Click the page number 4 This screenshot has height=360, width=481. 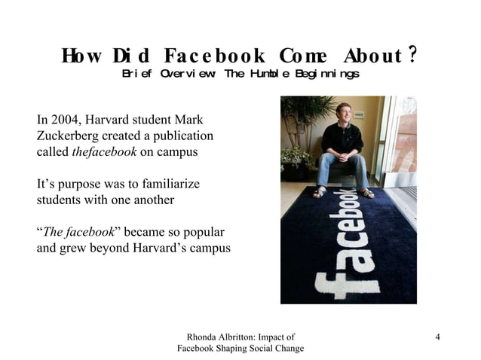tap(437, 336)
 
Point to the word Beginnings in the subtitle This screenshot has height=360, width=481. tap(329, 74)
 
